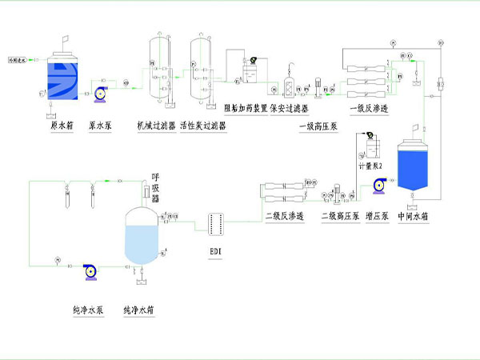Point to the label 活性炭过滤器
[203, 126]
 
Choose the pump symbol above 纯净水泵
[90, 271]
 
